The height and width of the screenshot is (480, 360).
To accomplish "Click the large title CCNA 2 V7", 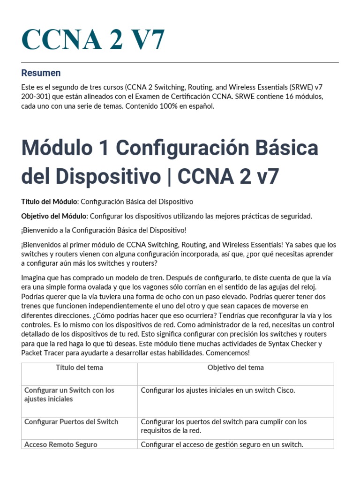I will [93, 39].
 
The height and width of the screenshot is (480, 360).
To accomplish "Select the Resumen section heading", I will [41, 73].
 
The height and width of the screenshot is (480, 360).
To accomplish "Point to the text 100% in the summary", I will [156, 106].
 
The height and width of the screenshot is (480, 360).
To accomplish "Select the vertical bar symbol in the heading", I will [169, 176].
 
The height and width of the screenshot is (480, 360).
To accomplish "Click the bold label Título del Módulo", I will [50, 202].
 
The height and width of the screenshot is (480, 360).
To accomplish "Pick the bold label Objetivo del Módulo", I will [54, 216].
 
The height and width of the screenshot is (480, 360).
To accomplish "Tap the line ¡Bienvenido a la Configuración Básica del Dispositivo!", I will [104, 230].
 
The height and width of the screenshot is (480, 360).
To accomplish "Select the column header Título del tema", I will [79, 367].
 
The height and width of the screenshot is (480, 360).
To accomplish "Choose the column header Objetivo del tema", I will [235, 367].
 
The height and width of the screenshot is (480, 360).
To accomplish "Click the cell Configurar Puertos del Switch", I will [71, 421].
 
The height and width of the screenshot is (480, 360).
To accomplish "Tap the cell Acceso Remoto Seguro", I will [61, 444].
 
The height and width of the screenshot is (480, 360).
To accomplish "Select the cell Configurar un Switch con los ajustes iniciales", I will [69, 394].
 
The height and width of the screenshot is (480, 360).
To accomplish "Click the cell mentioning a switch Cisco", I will [218, 390].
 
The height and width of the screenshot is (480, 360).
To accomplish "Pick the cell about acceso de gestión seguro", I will [222, 444].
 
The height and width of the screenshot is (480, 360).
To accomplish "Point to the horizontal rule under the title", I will [180, 62].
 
